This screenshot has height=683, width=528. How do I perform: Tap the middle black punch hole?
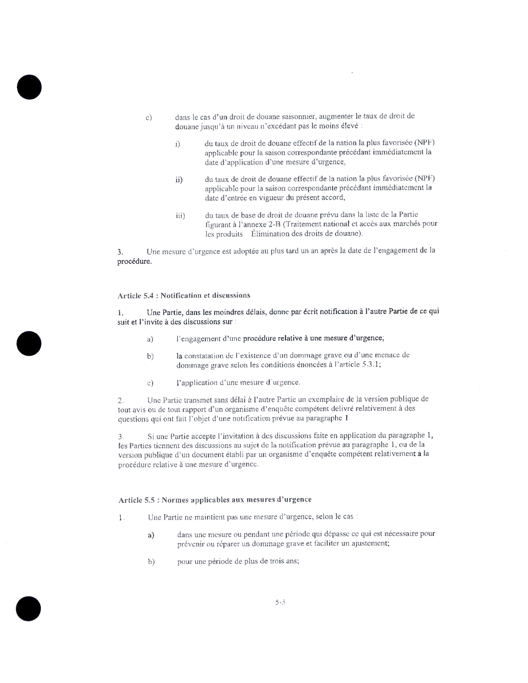[x=29, y=343]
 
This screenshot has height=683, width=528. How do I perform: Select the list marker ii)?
[x=179, y=180]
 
